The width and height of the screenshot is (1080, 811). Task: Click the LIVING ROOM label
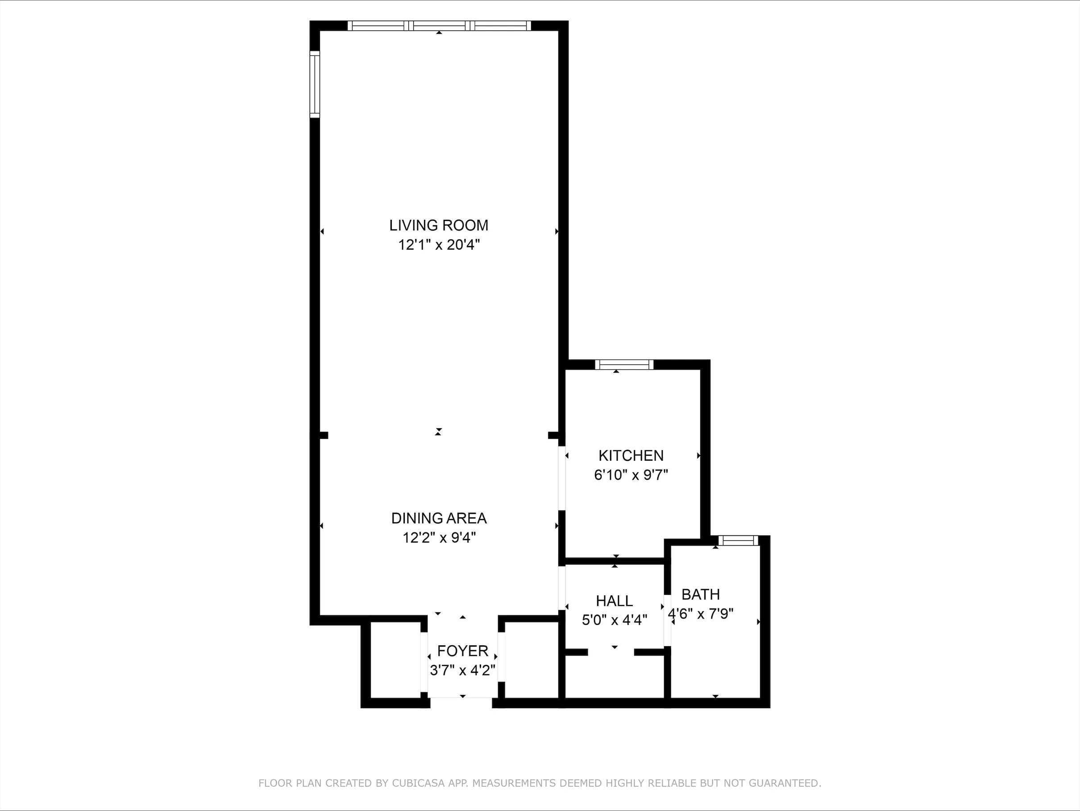[x=438, y=225]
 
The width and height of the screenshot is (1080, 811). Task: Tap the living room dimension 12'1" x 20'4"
[x=438, y=245]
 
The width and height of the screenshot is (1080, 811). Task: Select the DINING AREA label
[x=438, y=518]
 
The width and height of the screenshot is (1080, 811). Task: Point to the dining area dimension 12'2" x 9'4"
[x=438, y=538]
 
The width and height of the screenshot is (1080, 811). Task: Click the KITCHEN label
[x=631, y=456]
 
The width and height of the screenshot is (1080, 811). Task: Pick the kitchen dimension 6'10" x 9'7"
[x=631, y=475]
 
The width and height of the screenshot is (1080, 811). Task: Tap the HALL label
[x=614, y=600]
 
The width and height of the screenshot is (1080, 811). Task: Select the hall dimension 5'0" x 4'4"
[x=614, y=620]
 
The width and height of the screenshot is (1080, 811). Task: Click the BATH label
[x=700, y=594]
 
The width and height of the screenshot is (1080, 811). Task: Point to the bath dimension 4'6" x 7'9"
[x=700, y=614]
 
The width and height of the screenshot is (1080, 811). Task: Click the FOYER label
[x=462, y=651]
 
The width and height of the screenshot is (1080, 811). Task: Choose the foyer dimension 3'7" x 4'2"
[x=462, y=670]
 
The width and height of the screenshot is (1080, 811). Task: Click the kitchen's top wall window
[x=624, y=364]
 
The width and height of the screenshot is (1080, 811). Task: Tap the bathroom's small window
[x=738, y=540]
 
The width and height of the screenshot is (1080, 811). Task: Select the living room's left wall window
[x=315, y=84]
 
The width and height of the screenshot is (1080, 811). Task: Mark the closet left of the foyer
[x=395, y=660]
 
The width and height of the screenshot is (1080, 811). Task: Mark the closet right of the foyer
[x=531, y=660]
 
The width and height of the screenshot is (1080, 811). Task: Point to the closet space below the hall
[x=614, y=677]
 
